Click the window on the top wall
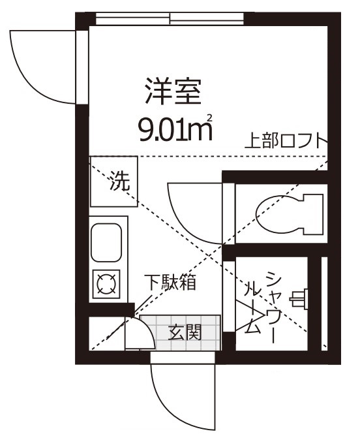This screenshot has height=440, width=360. tap(170, 18)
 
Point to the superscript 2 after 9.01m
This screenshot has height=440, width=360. tap(210, 118)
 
